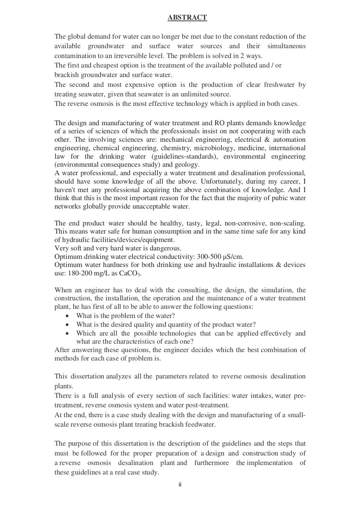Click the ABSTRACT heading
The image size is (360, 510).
point(187,17)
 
